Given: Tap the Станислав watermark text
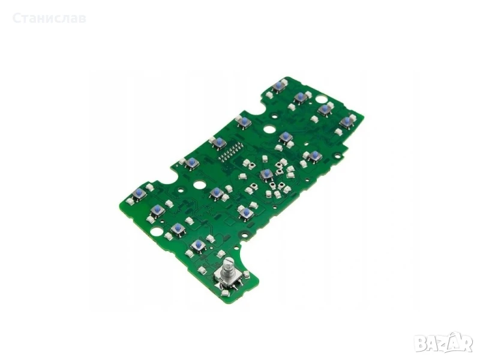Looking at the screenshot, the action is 49,18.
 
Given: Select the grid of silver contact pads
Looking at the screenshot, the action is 230,153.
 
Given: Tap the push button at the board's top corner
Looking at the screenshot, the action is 278,86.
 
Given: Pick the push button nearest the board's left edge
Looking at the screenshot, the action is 140,193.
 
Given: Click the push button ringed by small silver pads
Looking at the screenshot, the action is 267,175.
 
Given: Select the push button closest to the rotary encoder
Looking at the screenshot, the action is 199,244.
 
